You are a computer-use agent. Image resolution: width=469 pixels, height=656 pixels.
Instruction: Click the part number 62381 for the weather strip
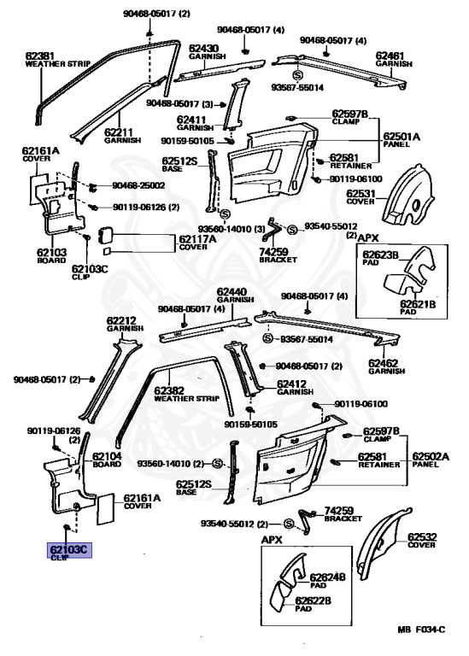click(42, 55)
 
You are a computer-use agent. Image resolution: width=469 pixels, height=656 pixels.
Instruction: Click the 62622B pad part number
click(313, 600)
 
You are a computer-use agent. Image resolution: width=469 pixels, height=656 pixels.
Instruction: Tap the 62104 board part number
click(108, 457)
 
